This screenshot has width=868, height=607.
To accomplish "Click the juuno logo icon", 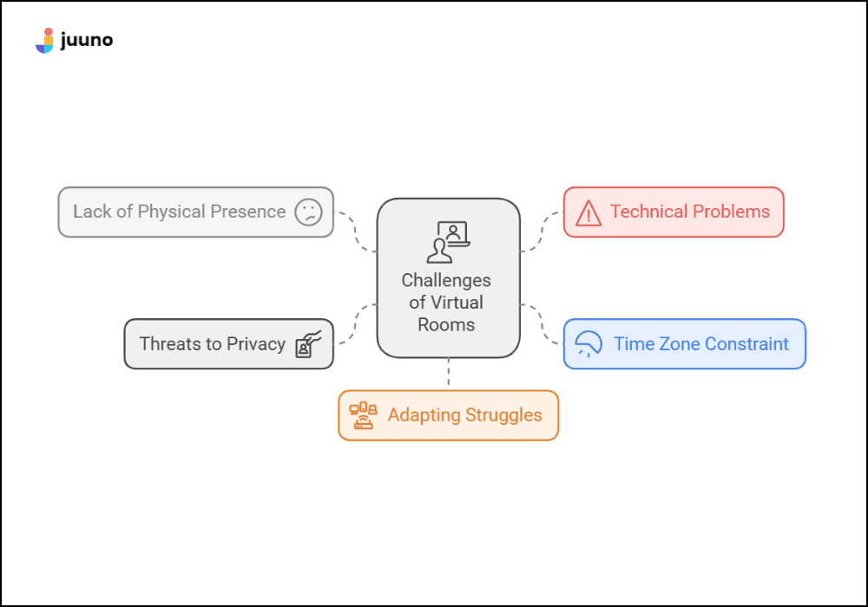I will click(44, 41).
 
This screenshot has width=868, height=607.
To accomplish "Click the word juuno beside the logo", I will click(87, 40).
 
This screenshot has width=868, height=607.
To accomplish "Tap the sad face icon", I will click(308, 212).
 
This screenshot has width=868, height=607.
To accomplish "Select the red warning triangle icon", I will click(588, 212).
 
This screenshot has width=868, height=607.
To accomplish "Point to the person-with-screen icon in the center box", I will click(448, 242).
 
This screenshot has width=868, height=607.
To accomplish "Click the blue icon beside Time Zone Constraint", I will click(589, 344).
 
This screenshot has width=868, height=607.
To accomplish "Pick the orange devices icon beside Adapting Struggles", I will click(362, 415).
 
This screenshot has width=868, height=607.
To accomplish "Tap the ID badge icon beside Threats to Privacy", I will click(308, 344).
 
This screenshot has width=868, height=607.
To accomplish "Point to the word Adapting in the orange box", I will click(423, 415).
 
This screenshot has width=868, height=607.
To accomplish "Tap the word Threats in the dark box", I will click(169, 344).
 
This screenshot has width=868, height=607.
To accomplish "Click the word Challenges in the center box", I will click(446, 281).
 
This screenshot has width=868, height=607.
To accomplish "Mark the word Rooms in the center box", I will click(446, 325).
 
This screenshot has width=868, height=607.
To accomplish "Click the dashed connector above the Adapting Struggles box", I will click(448, 374).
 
